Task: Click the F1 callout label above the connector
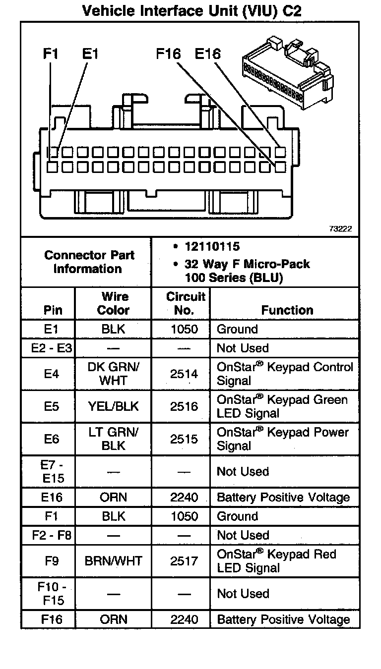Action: (x=50, y=54)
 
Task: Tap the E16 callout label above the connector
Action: (x=207, y=54)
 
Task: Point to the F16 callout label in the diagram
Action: (x=169, y=54)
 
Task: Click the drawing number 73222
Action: (x=340, y=229)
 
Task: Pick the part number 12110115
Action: (x=212, y=246)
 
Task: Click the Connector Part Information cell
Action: (x=89, y=262)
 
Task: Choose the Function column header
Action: (x=287, y=310)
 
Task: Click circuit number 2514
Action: (x=184, y=374)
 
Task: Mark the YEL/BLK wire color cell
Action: (x=113, y=406)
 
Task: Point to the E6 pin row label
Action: (x=52, y=439)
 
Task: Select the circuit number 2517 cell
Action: (x=184, y=561)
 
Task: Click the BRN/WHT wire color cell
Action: (x=113, y=561)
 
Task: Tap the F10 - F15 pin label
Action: (x=52, y=594)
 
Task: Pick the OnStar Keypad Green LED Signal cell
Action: (x=282, y=406)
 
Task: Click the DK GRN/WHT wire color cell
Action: (x=113, y=374)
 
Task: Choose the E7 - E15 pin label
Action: (x=52, y=471)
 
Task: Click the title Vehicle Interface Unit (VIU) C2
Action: (x=191, y=10)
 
